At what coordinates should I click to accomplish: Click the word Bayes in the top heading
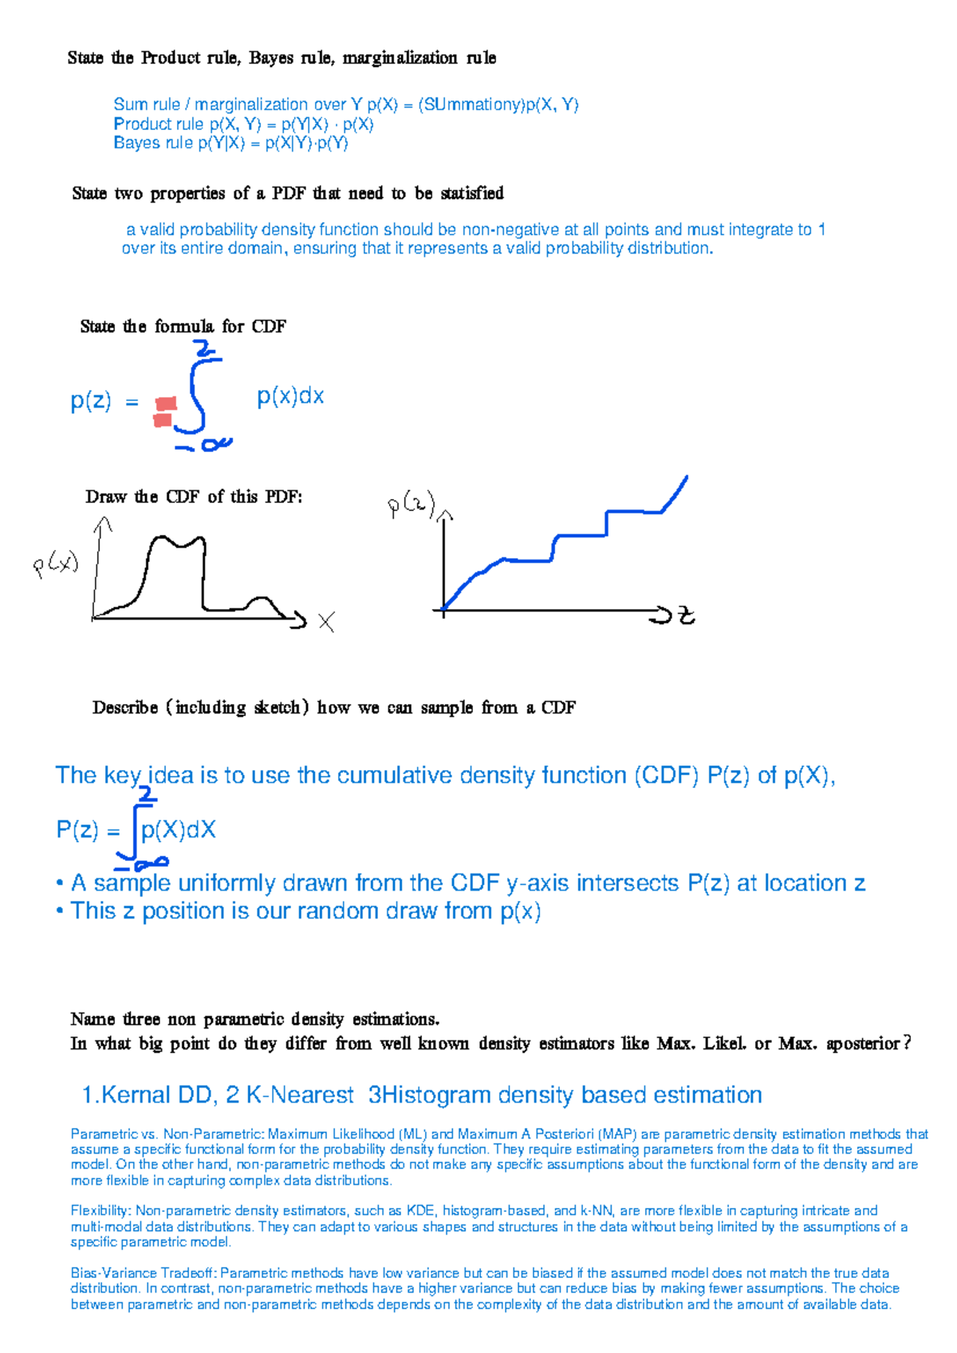click(x=270, y=58)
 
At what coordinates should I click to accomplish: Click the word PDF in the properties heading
click(x=289, y=193)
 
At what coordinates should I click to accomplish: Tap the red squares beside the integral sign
click(x=165, y=412)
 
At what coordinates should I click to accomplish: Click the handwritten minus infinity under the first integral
click(x=203, y=445)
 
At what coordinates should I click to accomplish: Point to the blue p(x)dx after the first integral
click(x=290, y=396)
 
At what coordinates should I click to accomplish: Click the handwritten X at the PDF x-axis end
click(x=326, y=622)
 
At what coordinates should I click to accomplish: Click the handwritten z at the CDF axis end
click(x=686, y=616)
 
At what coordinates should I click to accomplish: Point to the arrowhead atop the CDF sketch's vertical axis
click(x=445, y=514)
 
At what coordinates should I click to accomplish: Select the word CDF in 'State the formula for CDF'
click(x=269, y=327)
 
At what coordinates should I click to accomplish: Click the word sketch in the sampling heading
click(x=277, y=707)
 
